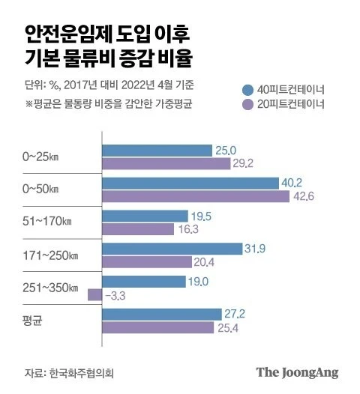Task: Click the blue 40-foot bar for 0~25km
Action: [x=157, y=151]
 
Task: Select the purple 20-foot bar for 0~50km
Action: [x=196, y=197]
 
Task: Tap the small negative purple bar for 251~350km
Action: [x=94, y=295]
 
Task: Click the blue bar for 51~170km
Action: [x=144, y=216]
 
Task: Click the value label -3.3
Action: [x=117, y=296]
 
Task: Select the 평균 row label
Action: [x=32, y=321]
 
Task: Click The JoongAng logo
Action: [x=297, y=372]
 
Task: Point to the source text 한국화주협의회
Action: [x=84, y=372]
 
